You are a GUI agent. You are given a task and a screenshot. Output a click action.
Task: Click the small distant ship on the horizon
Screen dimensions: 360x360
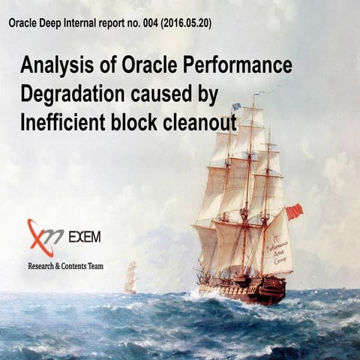[130, 277]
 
